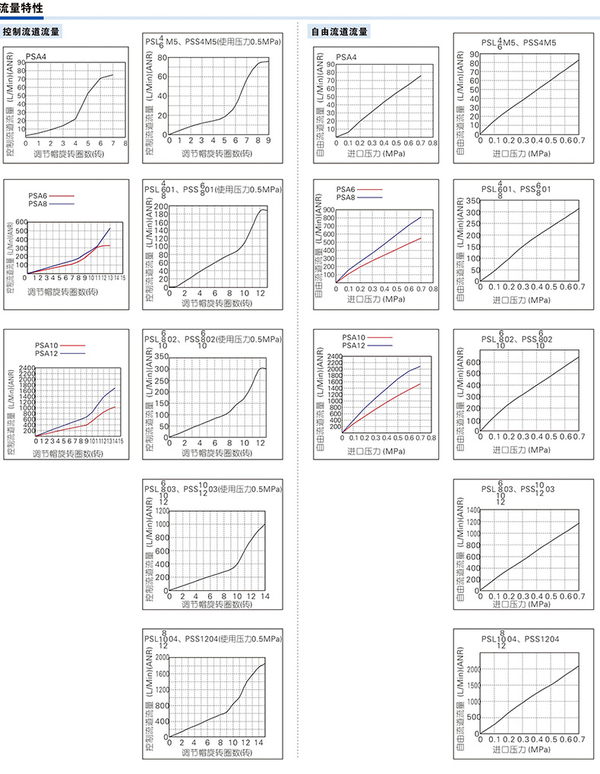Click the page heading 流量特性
click(21, 8)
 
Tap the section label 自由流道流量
click(339, 32)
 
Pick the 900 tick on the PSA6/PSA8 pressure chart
click(329, 210)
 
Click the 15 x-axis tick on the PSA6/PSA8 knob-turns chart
click(122, 278)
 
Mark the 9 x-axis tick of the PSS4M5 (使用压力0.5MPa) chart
click(268, 141)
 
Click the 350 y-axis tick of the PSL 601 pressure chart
click(472, 201)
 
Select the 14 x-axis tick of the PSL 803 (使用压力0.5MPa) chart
click(264, 596)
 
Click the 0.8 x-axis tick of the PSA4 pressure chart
click(432, 142)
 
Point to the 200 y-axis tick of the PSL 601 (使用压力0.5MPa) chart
click(161, 207)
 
